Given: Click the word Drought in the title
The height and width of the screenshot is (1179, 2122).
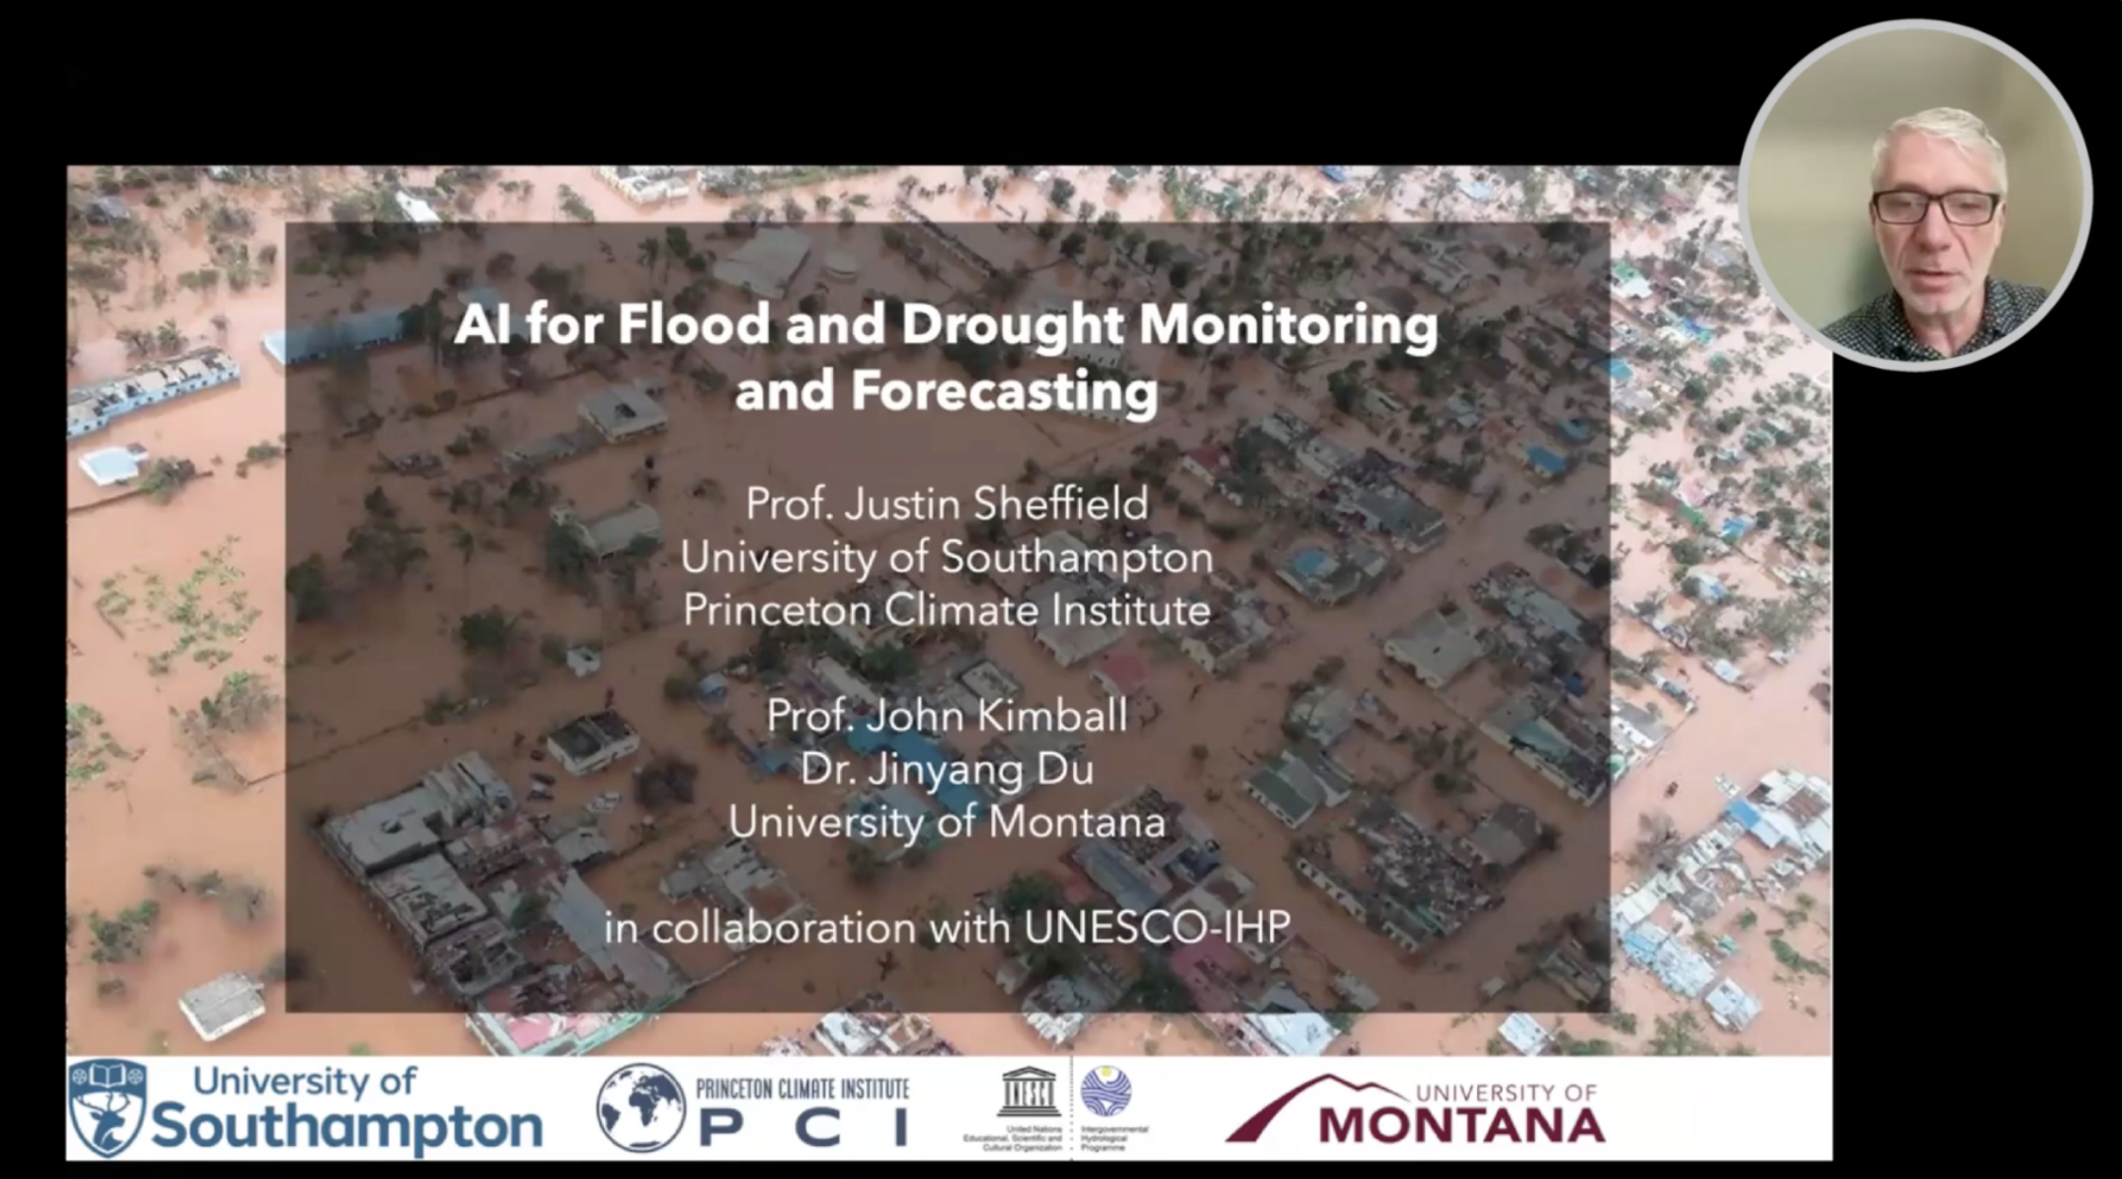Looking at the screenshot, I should [x=1012, y=326].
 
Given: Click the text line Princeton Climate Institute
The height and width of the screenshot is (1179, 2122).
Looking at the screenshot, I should [x=947, y=609].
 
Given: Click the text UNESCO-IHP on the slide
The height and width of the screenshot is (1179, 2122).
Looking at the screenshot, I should [x=1157, y=927].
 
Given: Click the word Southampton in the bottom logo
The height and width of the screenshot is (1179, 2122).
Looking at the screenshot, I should [x=347, y=1127].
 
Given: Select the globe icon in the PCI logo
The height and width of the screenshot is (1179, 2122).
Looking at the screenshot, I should [x=641, y=1108].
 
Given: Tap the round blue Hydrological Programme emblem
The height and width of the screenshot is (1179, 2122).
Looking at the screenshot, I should [x=1105, y=1091].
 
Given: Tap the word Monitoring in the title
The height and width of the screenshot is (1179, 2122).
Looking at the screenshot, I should [x=1288, y=326].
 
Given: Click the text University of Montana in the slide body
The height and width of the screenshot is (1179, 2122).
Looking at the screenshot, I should [x=947, y=821].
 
